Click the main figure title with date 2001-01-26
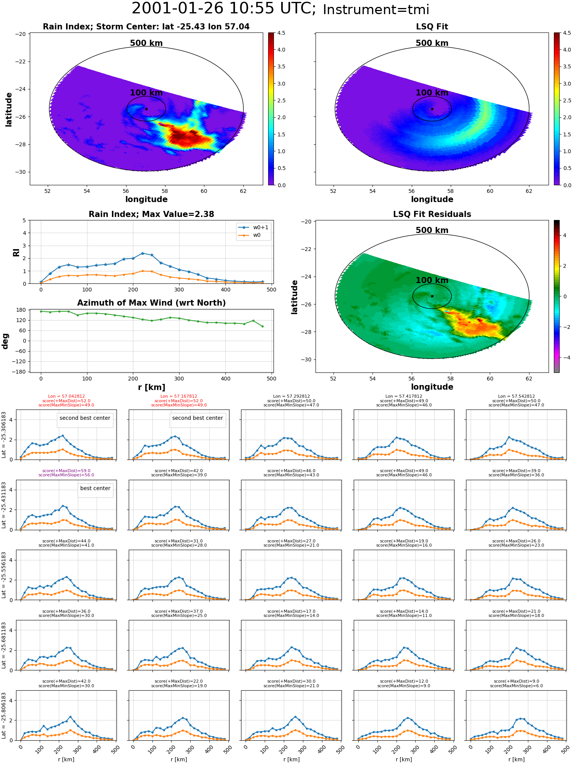pos(280,9)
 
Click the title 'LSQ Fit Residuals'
pos(432,214)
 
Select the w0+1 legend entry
pos(254,227)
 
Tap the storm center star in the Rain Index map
pos(146,109)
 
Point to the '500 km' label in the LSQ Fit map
pos(432,43)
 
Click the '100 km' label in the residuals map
pos(432,280)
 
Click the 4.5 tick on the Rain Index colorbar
pos(281,33)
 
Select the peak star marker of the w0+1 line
pos(142,253)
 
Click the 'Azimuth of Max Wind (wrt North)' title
pos(152,303)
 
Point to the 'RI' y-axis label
pos(16,252)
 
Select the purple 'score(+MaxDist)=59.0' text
pos(66,471)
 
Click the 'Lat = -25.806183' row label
pos(4,715)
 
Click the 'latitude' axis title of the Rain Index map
pos(9,109)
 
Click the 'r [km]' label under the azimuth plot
pos(152,387)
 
